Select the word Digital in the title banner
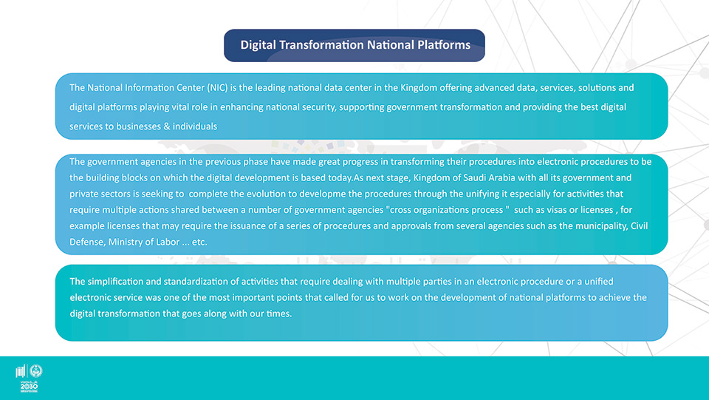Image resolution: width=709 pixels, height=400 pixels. (x=258, y=45)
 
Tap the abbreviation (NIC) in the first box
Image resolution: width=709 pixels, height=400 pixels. (x=217, y=88)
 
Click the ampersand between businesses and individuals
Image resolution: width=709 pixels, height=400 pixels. (x=167, y=126)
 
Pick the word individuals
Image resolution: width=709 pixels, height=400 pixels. (x=195, y=126)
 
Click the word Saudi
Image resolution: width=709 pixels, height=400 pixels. (x=474, y=177)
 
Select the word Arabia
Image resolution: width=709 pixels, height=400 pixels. (x=502, y=177)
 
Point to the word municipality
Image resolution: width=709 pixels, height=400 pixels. (x=601, y=226)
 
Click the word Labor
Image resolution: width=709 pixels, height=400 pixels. (x=168, y=242)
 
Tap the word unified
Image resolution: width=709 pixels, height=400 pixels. (x=599, y=282)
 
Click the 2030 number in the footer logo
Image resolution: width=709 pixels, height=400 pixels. (x=29, y=387)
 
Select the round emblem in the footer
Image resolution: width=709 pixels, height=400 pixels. (x=35, y=371)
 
